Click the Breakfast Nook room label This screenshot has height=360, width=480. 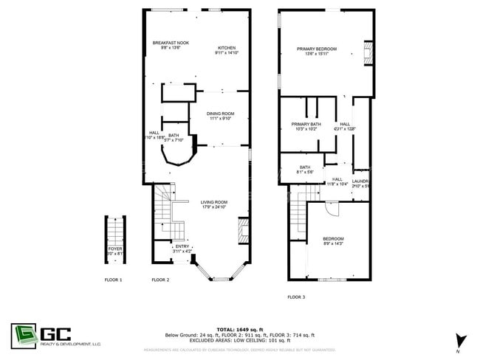(171, 44)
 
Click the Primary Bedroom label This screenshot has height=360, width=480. (317, 49)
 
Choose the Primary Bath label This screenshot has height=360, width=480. (306, 124)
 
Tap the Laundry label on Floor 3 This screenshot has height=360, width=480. (360, 181)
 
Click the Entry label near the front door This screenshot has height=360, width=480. (182, 247)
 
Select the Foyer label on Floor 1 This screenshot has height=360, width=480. (114, 249)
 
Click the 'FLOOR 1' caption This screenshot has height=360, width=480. (113, 280)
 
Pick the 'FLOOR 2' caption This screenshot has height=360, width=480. (160, 280)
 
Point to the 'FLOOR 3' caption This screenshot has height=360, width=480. (296, 297)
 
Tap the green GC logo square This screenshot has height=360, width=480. (23, 334)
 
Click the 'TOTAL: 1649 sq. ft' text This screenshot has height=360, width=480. (239, 329)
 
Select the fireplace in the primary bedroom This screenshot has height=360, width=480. (369, 52)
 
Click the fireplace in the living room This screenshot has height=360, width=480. (241, 235)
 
